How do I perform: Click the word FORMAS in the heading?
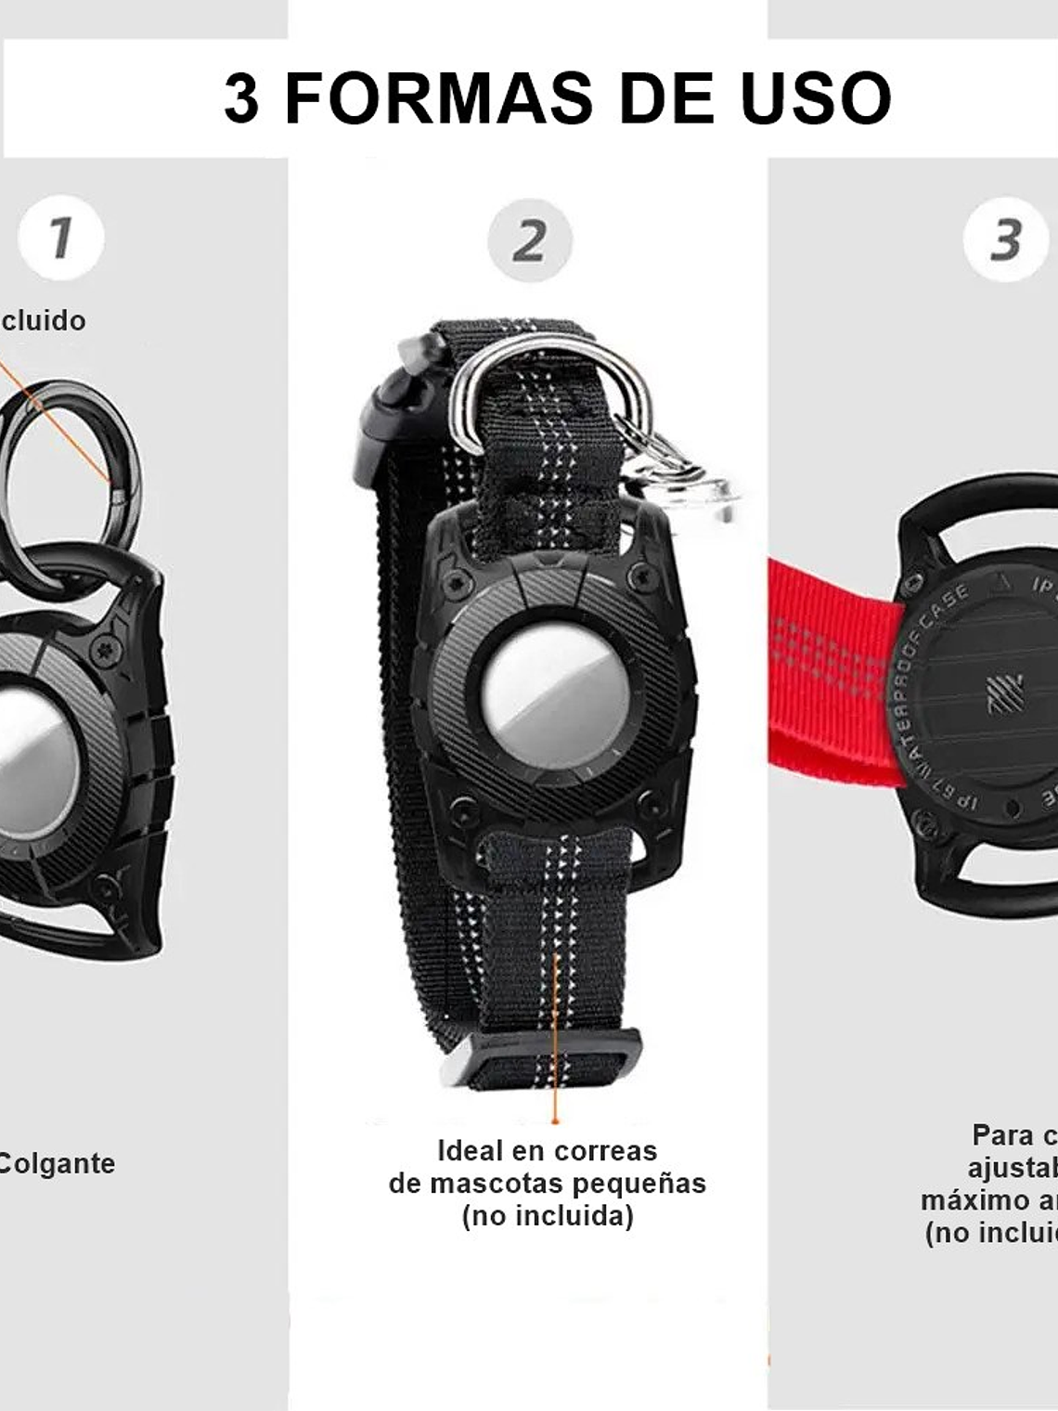point(438,98)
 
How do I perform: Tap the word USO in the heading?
point(816,98)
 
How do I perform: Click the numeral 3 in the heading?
point(241,98)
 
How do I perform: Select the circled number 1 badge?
point(61,238)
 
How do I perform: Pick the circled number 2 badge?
point(529,240)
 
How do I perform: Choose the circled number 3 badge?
point(1005,239)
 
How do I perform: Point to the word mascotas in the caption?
point(490,1184)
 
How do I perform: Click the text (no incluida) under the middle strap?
point(548,1216)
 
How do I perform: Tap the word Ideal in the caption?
point(472,1151)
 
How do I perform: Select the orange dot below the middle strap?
point(555,1121)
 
